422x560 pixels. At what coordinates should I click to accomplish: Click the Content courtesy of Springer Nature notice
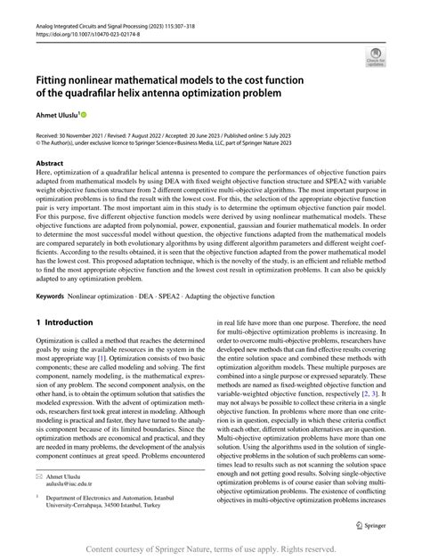(211, 548)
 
